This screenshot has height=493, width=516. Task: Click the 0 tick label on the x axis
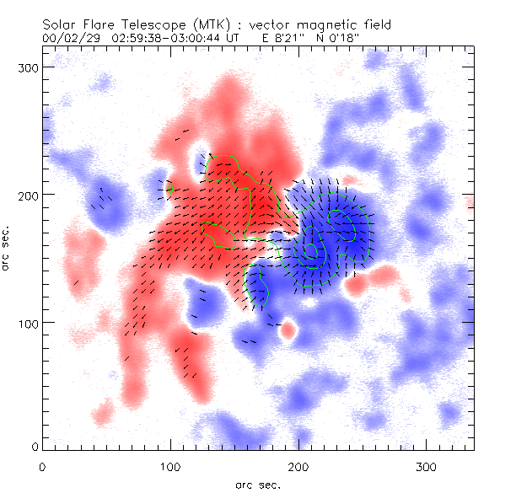pyautogui.click(x=42, y=464)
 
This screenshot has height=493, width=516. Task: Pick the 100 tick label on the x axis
pyautogui.click(x=170, y=464)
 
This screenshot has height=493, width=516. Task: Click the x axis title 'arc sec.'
pyautogui.click(x=258, y=485)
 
